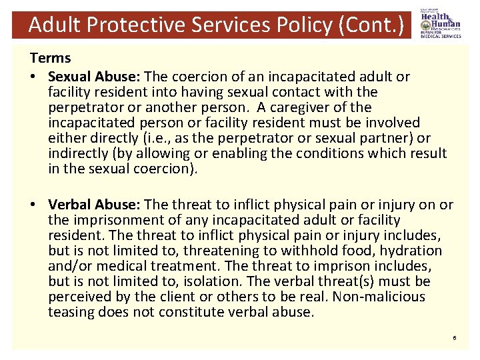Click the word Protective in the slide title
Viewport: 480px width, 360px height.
coord(133,25)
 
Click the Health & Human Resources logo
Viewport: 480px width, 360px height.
coord(440,25)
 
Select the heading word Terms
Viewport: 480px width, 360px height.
coord(50,59)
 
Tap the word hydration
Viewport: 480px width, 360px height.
coord(411,251)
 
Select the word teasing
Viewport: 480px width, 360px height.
coord(73,312)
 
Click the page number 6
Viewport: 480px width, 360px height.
coord(454,339)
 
